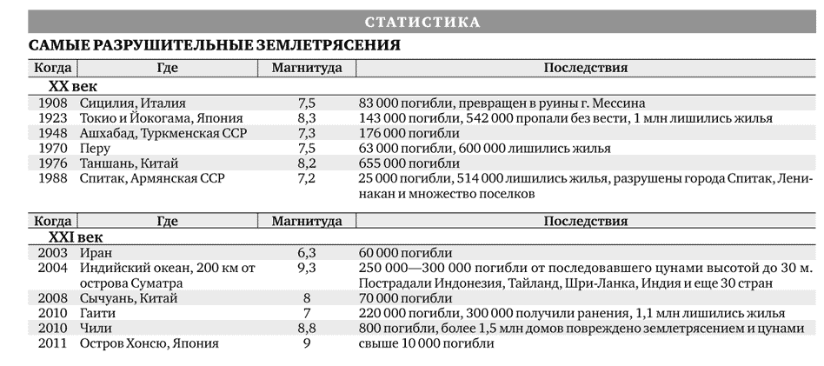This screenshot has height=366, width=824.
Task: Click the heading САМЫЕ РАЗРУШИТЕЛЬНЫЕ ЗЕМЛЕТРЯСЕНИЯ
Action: [215, 45]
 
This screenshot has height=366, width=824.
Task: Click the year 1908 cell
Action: [52, 103]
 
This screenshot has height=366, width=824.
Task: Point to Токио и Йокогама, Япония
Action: [161, 117]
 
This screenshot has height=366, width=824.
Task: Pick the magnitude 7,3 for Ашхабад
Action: [306, 133]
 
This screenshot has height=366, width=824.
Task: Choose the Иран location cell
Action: [96, 252]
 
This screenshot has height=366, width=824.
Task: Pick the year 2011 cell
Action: [52, 343]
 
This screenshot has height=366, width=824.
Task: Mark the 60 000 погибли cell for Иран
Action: [405, 252]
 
